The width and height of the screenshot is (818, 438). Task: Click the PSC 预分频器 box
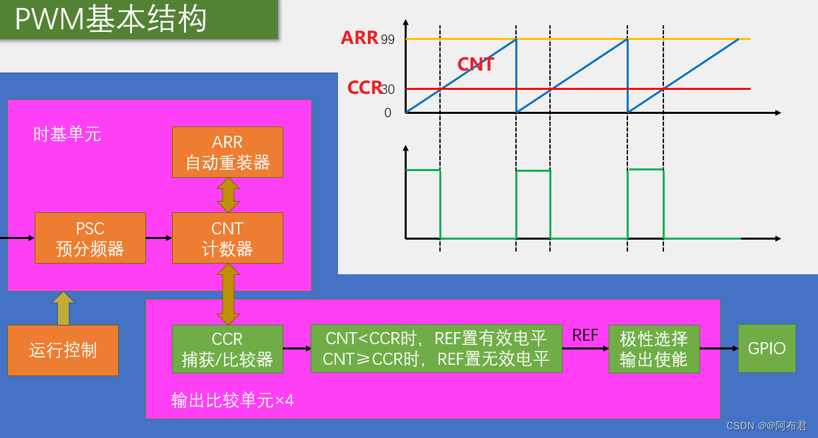click(90, 238)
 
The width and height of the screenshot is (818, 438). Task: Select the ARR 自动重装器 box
click(227, 152)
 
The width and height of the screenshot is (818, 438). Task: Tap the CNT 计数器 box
click(227, 238)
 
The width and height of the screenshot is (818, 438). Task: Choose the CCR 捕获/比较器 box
click(227, 349)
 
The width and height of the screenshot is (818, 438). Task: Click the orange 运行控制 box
click(63, 350)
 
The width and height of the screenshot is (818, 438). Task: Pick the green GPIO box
click(767, 348)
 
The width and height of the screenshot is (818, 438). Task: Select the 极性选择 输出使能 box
click(653, 349)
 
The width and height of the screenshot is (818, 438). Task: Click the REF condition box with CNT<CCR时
click(436, 349)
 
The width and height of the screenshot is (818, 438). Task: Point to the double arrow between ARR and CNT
click(228, 195)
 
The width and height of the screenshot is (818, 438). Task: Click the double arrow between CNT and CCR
click(228, 294)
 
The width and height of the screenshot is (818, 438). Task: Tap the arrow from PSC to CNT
click(159, 238)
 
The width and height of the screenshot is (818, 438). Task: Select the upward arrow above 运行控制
click(63, 308)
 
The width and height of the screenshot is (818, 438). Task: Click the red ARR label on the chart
click(359, 38)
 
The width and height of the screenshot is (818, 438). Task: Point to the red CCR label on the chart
click(364, 88)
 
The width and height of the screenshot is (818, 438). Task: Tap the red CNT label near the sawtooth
click(475, 65)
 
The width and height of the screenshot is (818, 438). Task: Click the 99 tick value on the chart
click(388, 40)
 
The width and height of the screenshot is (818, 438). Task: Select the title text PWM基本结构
click(111, 20)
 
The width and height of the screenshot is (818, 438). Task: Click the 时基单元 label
click(67, 134)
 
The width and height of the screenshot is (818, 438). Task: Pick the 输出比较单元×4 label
click(233, 400)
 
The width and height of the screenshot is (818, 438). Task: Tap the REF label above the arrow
click(585, 335)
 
